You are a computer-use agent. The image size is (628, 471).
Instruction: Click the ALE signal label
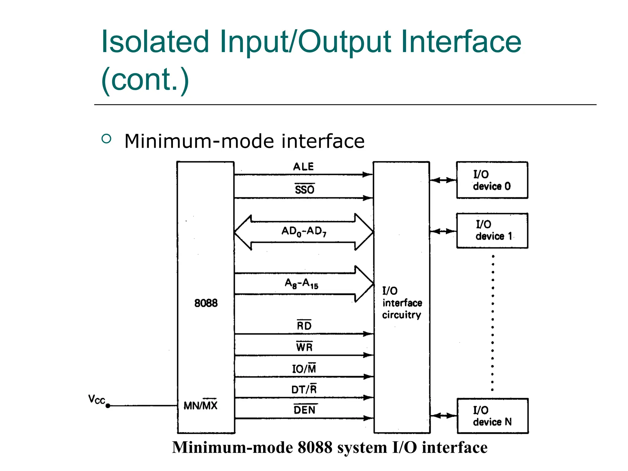click(x=303, y=167)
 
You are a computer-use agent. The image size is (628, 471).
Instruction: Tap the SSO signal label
click(x=304, y=189)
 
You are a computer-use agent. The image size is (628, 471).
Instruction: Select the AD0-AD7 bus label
click(x=304, y=232)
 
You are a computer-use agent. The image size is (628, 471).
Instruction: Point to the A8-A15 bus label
click(x=301, y=284)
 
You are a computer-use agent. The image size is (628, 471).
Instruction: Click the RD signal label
click(x=304, y=325)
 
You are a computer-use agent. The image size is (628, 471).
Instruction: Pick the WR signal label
click(x=304, y=347)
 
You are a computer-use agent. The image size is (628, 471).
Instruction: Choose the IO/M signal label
click(x=304, y=368)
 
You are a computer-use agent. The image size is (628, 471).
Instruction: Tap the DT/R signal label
click(x=304, y=389)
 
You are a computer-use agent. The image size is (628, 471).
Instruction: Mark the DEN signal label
click(x=304, y=410)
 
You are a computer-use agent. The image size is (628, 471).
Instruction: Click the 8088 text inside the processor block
click(x=206, y=303)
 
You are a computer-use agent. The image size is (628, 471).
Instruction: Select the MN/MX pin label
click(x=200, y=405)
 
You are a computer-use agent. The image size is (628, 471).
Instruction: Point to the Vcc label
click(x=97, y=400)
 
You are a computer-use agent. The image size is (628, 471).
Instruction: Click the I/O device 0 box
click(x=492, y=180)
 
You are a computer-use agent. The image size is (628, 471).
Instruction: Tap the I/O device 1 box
click(x=492, y=231)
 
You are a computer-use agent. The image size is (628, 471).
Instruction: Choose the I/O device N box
click(x=492, y=416)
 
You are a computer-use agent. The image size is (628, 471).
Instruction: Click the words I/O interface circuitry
click(x=402, y=303)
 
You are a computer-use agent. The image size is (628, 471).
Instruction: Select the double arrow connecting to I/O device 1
click(x=443, y=231)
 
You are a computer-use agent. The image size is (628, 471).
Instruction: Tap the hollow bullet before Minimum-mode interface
click(x=106, y=139)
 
